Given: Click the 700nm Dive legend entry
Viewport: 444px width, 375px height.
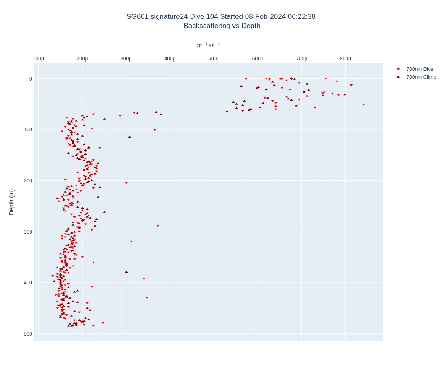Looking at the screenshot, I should pyautogui.click(x=419, y=69).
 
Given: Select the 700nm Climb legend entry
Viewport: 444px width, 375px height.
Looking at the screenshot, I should pyautogui.click(x=421, y=77).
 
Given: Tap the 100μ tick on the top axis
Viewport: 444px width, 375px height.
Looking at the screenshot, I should pyautogui.click(x=38, y=59).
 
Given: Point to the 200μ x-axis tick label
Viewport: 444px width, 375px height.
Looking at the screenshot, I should pyautogui.click(x=82, y=59).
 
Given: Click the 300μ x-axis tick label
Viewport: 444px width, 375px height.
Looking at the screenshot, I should pyautogui.click(x=126, y=59).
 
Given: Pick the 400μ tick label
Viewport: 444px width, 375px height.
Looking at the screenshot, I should pyautogui.click(x=170, y=59).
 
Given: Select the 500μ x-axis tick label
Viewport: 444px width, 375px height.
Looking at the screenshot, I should pyautogui.click(x=214, y=59).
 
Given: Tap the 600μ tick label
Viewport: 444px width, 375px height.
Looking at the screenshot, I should pyautogui.click(x=258, y=59).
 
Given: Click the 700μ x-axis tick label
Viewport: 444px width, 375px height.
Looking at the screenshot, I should pyautogui.click(x=301, y=59).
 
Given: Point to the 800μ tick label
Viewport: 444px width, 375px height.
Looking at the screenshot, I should pyautogui.click(x=345, y=59).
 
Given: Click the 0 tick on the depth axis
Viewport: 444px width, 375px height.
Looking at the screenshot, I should pyautogui.click(x=30, y=79).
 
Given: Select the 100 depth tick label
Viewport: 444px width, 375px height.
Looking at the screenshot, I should pyautogui.click(x=28, y=130).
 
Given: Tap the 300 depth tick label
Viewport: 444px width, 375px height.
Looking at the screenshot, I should pyautogui.click(x=28, y=232).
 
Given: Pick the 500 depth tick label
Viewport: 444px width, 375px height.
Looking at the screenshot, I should pyautogui.click(x=28, y=334).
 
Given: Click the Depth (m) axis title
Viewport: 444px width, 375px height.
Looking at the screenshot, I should pyautogui.click(x=11, y=202).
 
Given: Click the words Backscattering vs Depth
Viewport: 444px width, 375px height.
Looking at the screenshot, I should pyautogui.click(x=222, y=26).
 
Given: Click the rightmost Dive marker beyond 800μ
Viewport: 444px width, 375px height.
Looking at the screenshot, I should pyautogui.click(x=363, y=104).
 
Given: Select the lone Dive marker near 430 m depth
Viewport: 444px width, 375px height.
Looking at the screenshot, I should pyautogui.click(x=147, y=298).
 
